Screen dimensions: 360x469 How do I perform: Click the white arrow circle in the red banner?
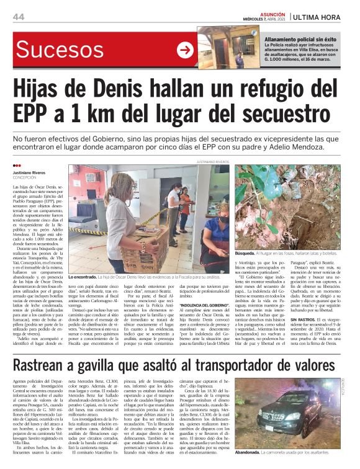coord(185,50)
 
